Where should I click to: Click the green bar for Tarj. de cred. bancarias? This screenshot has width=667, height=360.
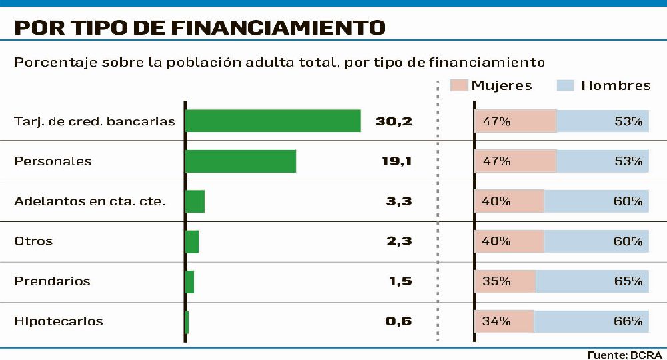[x=273, y=121]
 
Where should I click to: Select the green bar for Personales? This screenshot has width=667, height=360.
[x=240, y=161]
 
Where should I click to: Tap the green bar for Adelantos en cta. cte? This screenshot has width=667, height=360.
[x=195, y=201]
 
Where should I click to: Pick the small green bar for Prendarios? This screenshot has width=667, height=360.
[x=190, y=281]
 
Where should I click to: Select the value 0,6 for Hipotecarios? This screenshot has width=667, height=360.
[x=399, y=321]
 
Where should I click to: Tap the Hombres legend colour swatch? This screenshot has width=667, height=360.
[x=565, y=85]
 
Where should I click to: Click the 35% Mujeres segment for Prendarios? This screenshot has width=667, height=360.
[x=505, y=281]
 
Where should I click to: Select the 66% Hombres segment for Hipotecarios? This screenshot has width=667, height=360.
[x=591, y=321]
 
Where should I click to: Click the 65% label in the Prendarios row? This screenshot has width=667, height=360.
[x=628, y=281]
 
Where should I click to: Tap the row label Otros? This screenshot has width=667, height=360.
[x=33, y=241]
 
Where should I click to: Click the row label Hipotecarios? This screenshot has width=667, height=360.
[x=59, y=321]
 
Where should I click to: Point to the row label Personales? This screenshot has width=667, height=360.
[x=53, y=161]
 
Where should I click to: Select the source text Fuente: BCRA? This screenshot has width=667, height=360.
[x=624, y=355]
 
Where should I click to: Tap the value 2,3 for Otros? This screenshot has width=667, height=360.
[x=399, y=241]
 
